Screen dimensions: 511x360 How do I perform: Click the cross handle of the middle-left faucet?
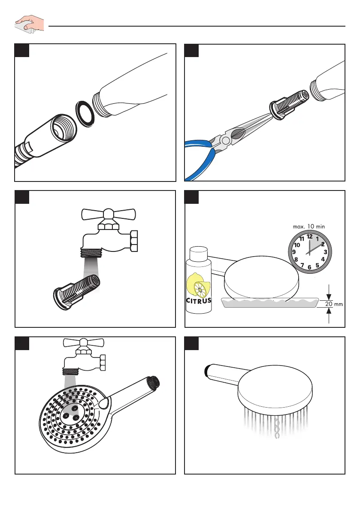109,214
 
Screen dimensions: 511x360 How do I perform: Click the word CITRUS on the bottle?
199,300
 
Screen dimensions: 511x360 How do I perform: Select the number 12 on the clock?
309,236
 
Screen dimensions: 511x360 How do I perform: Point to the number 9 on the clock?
293,252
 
